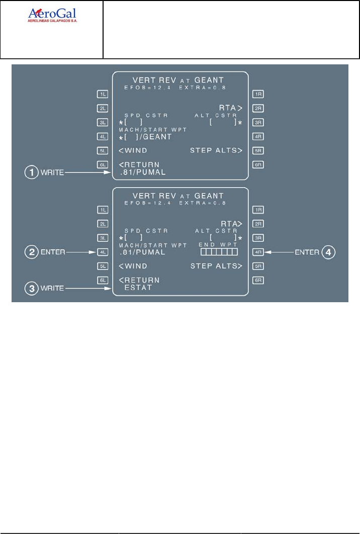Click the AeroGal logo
(52, 17)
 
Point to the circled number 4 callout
(328, 252)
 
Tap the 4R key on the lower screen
(258, 252)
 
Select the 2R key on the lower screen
(258, 224)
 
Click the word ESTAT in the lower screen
(139, 288)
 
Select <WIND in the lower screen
(133, 266)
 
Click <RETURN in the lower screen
(139, 280)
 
